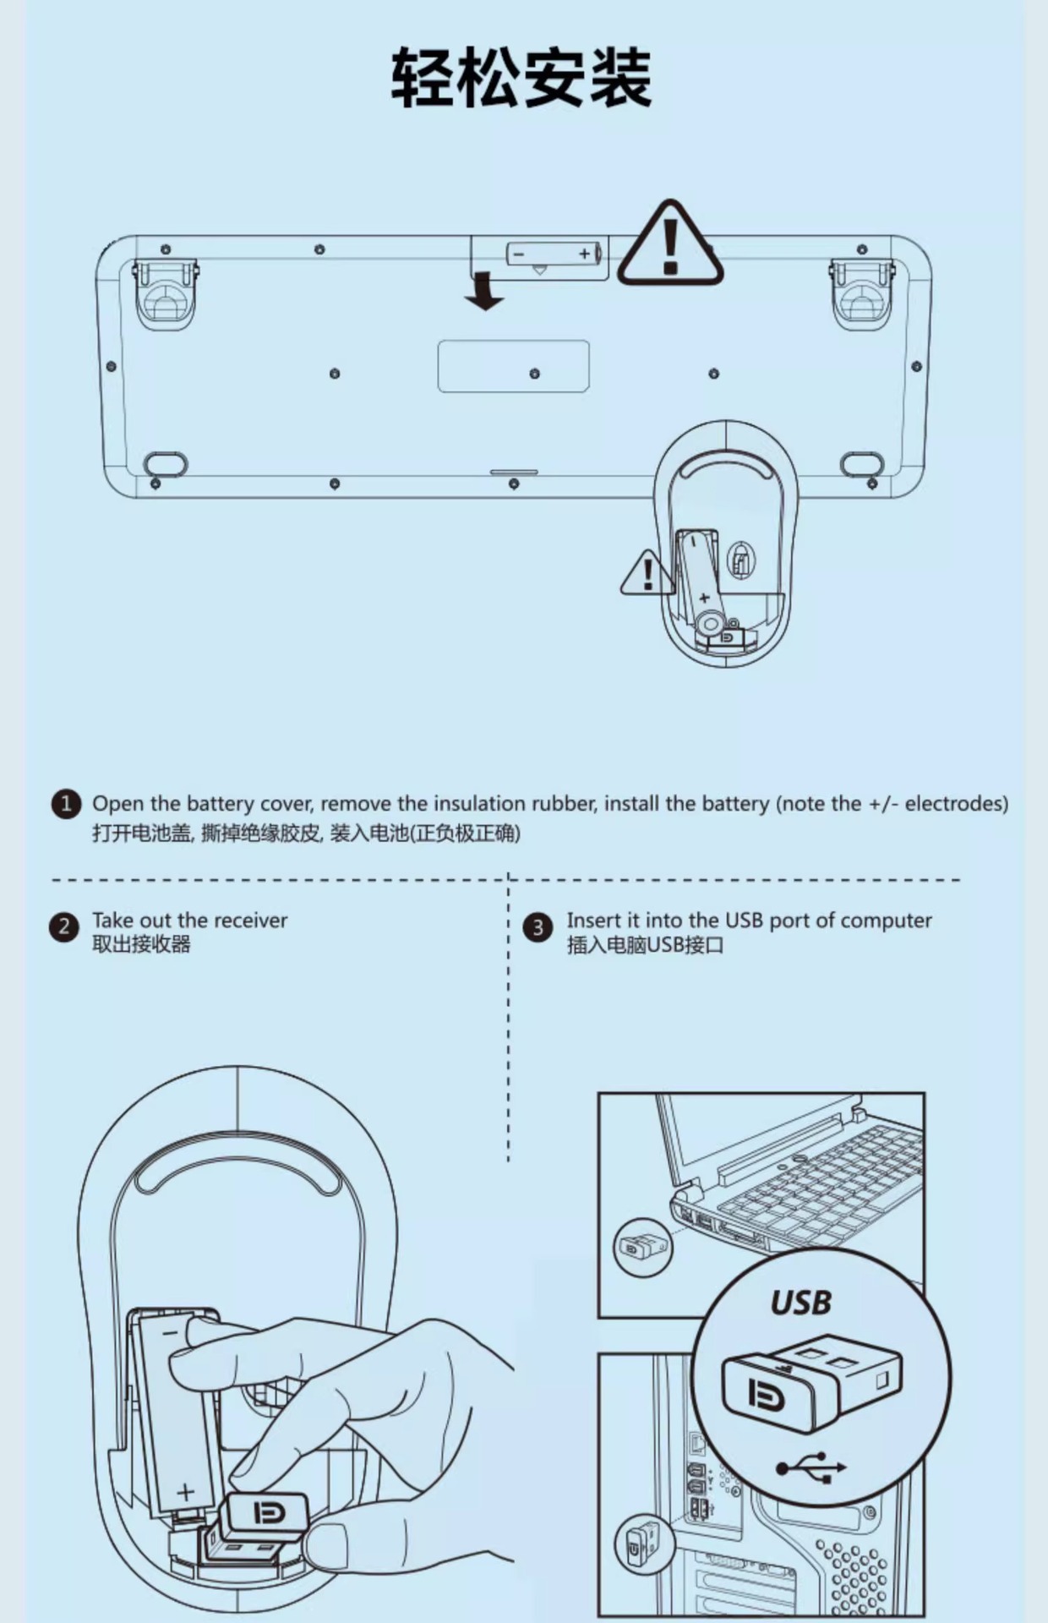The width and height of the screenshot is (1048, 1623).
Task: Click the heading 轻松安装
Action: [x=521, y=78]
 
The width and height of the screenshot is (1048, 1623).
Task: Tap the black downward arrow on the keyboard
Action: [x=484, y=291]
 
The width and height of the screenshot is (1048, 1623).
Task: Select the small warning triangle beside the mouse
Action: [x=647, y=575]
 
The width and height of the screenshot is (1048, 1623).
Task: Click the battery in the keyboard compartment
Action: [x=554, y=253]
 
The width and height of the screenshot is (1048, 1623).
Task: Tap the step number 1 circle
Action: [x=66, y=804]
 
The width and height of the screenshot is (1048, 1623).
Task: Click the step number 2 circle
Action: [x=63, y=927]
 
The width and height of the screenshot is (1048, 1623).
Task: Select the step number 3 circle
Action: [x=538, y=927]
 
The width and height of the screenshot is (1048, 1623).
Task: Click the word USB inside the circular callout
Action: [x=800, y=1303]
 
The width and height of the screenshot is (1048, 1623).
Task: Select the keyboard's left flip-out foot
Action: [x=166, y=293]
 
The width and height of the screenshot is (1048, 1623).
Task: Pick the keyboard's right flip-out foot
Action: [x=862, y=293]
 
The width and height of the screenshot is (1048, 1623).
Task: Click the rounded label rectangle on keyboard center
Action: [x=513, y=365]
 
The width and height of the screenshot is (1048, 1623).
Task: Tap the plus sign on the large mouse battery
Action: [x=186, y=1491]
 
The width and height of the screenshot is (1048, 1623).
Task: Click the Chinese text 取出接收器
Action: [x=141, y=944]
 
